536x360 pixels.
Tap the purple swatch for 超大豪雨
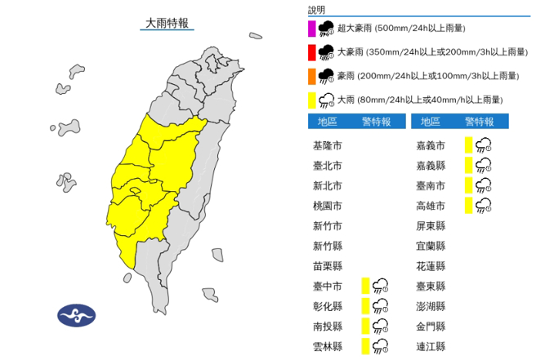pyautogui.click(x=311, y=29)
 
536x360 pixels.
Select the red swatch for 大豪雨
pyautogui.click(x=311, y=53)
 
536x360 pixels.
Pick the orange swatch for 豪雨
pyautogui.click(x=311, y=77)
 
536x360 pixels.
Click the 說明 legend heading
pyautogui.click(x=317, y=10)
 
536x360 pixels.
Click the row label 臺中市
pyautogui.click(x=328, y=286)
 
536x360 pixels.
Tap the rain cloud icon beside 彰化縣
pyautogui.click(x=380, y=306)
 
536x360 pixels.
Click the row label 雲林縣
pyautogui.click(x=328, y=347)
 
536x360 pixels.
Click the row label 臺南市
pyautogui.click(x=430, y=185)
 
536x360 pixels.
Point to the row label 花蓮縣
pyautogui.click(x=430, y=266)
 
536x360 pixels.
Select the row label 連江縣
pyautogui.click(x=430, y=347)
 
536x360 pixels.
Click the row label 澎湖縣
pyautogui.click(x=430, y=306)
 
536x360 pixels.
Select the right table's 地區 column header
pyautogui.click(x=429, y=122)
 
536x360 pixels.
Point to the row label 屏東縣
pyautogui.click(x=430, y=225)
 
